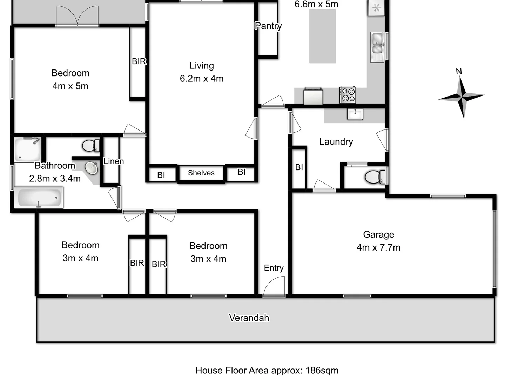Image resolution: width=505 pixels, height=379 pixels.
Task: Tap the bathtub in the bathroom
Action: point(39,198)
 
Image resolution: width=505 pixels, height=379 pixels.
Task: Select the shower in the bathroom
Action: point(27,149)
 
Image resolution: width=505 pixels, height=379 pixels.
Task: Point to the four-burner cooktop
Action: point(347,95)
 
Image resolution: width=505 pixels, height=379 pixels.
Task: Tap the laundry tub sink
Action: point(355,114)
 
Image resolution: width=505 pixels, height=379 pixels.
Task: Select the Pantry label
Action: point(268,26)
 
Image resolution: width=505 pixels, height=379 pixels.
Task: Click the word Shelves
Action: point(201,173)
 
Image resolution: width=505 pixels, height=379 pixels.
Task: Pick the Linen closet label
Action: point(113,161)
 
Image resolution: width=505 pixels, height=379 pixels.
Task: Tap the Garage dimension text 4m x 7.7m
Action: point(378,247)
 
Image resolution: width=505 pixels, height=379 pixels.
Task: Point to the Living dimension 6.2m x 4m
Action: point(202,79)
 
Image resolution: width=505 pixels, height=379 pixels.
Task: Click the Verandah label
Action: point(249,318)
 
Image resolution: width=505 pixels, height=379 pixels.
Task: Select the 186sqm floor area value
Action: point(322,370)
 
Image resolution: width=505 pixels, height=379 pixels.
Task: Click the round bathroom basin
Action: point(92,168)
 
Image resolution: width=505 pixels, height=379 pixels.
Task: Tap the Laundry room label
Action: point(336,142)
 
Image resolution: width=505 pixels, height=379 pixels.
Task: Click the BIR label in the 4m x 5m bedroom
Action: point(139,61)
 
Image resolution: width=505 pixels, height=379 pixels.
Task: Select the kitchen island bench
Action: point(322,36)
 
